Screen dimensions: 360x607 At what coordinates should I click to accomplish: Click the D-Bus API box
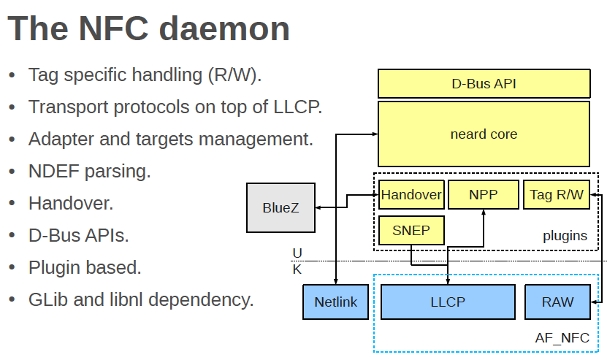484,83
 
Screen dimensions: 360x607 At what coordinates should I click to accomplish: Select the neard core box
484,134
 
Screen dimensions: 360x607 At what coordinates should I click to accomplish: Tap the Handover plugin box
411,195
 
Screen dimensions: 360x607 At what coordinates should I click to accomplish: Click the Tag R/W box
557,195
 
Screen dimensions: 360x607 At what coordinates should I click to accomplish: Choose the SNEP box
411,231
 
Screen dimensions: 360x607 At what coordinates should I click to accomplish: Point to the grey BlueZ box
280,207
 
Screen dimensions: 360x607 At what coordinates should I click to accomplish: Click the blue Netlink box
335,302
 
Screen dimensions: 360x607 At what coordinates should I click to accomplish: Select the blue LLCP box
447,302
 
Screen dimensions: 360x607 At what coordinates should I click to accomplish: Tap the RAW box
557,302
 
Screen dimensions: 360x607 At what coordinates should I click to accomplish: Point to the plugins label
565,236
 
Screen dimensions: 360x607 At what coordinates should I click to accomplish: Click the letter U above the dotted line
297,253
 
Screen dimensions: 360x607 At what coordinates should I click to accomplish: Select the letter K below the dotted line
297,269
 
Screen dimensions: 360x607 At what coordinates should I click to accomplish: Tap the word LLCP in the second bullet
295,107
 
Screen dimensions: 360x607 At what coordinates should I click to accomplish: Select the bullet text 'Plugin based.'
85,267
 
